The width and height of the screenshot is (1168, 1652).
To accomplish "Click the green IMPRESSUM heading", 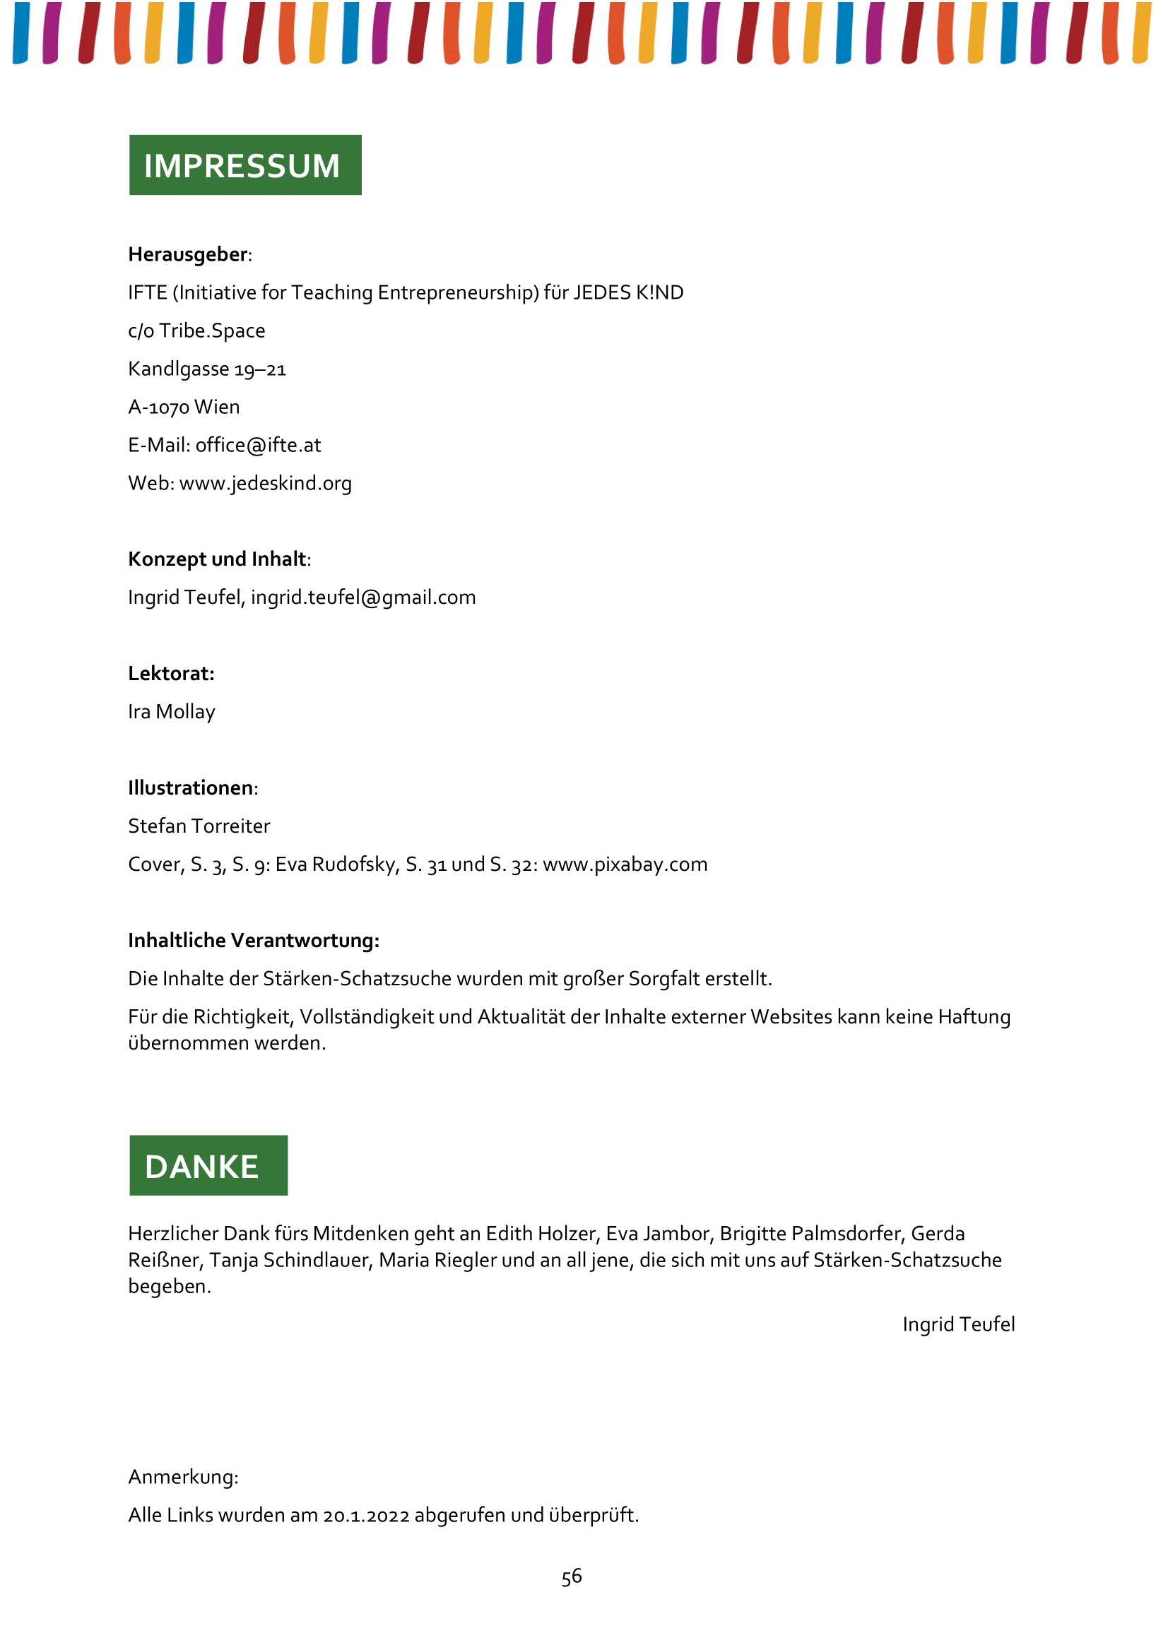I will (244, 165).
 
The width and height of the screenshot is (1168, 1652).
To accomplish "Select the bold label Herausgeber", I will (188, 255).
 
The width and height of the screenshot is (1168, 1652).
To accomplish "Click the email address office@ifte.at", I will (258, 446).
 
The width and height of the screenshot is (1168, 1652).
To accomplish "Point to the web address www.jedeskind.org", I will (265, 484).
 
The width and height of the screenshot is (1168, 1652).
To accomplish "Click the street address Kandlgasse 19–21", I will (206, 369).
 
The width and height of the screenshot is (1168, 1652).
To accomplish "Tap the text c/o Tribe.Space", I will (196, 331).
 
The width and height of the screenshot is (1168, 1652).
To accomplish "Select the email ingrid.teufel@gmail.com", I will (362, 598).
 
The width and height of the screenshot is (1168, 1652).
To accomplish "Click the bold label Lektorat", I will (171, 675).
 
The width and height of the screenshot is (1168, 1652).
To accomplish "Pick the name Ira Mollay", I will (171, 713).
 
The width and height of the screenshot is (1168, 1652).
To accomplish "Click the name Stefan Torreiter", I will (199, 826).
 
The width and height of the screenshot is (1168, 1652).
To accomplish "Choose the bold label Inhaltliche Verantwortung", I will (254, 940).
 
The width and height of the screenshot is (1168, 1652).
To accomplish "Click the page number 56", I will (572, 1577).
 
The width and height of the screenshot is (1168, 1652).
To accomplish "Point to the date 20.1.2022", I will (365, 1515).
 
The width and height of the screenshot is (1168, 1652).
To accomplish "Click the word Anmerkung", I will (183, 1477).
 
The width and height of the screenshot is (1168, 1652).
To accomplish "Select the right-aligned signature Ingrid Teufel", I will (958, 1324).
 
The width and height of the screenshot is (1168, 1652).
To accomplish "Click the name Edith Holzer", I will (541, 1234).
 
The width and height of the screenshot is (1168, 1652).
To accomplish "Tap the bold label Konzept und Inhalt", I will (218, 560).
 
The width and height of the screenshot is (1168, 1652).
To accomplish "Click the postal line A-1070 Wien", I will (184, 408).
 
